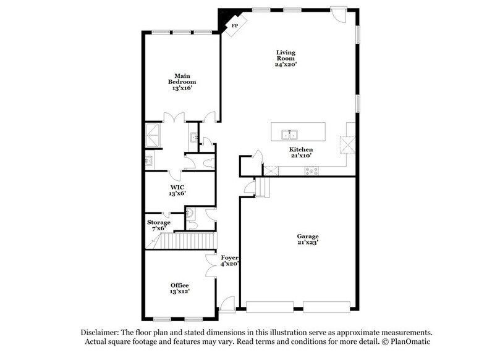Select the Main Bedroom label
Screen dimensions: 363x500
point(182,81)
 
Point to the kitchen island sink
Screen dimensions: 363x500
point(289,134)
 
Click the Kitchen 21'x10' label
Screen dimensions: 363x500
point(301,152)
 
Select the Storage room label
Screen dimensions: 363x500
point(159,225)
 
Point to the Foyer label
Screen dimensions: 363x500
point(229,260)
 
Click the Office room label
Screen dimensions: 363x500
point(180,288)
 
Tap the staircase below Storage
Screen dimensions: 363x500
point(185,241)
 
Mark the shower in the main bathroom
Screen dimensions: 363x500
point(152,135)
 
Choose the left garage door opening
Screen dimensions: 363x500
point(269,306)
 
